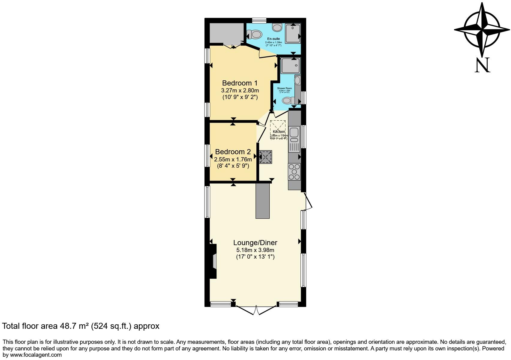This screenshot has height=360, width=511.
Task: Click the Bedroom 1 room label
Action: click(240, 83)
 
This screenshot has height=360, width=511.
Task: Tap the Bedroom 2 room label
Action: click(233, 152)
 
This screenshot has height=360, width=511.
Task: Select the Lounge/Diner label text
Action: click(255, 243)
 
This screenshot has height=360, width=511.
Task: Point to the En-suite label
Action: click(273, 39)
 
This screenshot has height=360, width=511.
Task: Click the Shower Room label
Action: click(284, 88)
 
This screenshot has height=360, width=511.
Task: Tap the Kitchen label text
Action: click(279, 132)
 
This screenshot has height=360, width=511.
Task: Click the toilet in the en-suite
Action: click(256, 34)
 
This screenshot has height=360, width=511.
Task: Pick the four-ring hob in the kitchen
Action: click(294, 172)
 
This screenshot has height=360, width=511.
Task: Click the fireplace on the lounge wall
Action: click(213, 261)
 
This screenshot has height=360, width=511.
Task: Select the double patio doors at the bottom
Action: click(256, 310)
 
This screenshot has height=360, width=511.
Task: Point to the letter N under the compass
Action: click(482, 65)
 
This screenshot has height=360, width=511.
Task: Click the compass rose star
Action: click(482, 30)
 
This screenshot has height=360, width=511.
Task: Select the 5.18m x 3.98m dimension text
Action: click(255, 250)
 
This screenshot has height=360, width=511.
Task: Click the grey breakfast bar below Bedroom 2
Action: click(262, 200)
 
